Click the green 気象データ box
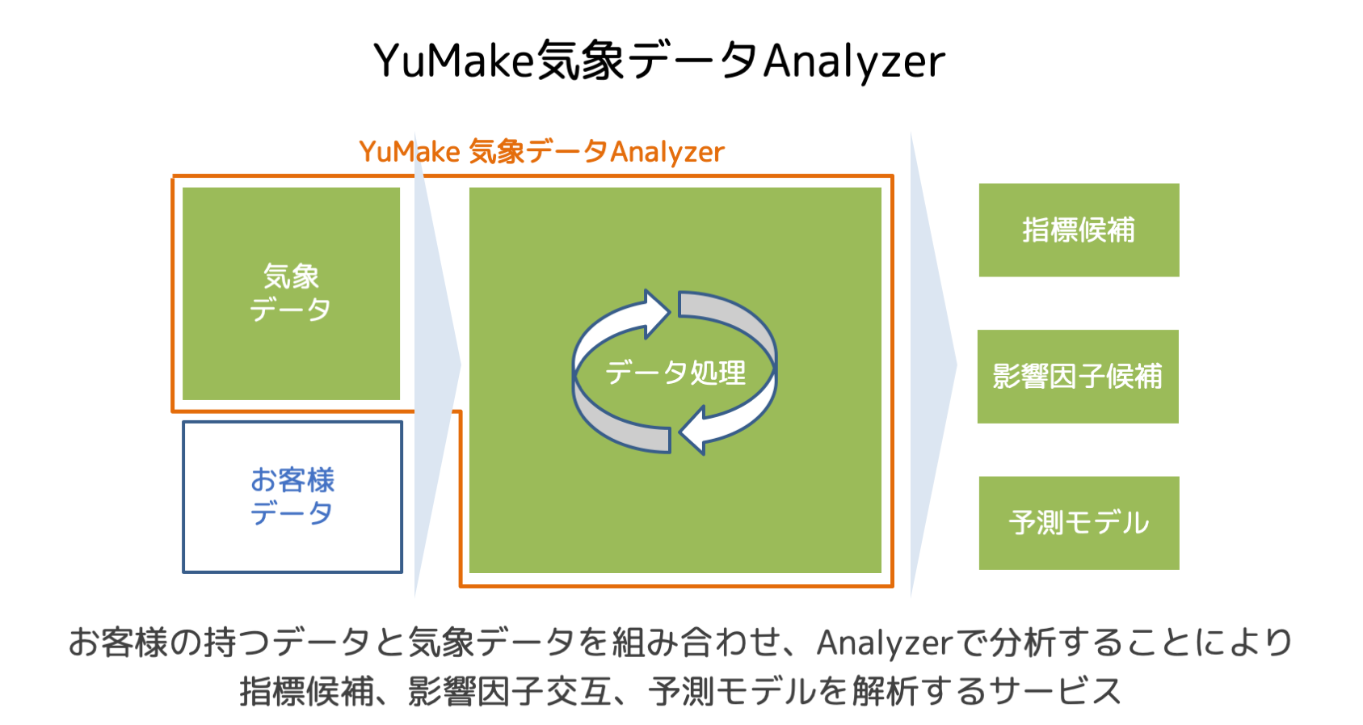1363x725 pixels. click(x=291, y=293)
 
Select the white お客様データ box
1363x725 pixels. click(x=292, y=496)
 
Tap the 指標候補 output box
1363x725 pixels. click(x=1079, y=230)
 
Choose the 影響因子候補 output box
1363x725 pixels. click(x=1078, y=377)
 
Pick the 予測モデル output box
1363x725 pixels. click(x=1079, y=523)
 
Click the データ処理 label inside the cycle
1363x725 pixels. click(x=675, y=373)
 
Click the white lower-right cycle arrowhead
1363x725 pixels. click(x=695, y=431)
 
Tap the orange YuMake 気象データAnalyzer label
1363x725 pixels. click(x=541, y=151)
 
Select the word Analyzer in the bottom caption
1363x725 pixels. click(x=885, y=643)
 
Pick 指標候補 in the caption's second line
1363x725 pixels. click(x=307, y=692)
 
